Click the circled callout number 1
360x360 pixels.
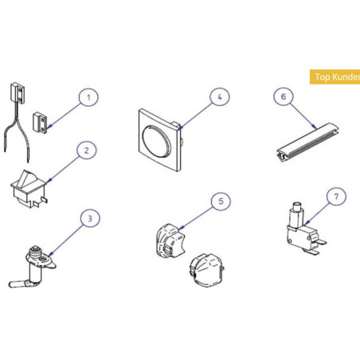click(x=88, y=97)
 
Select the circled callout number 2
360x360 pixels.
click(x=87, y=151)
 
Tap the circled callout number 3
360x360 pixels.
click(x=90, y=218)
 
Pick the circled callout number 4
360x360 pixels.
click(x=220, y=97)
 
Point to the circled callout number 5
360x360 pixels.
click(x=221, y=202)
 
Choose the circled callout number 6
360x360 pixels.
click(x=284, y=96)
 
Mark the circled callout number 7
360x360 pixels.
click(x=336, y=197)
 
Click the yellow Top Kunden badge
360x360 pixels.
click(x=335, y=77)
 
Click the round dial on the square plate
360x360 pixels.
click(x=155, y=139)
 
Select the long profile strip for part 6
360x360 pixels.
click(x=307, y=142)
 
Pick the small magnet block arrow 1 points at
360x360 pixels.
click(x=41, y=123)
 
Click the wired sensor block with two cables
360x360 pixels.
click(x=18, y=92)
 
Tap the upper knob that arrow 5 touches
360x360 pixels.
click(x=170, y=241)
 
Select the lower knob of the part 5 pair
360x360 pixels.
click(x=207, y=271)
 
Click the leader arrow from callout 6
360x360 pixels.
click(x=303, y=115)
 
